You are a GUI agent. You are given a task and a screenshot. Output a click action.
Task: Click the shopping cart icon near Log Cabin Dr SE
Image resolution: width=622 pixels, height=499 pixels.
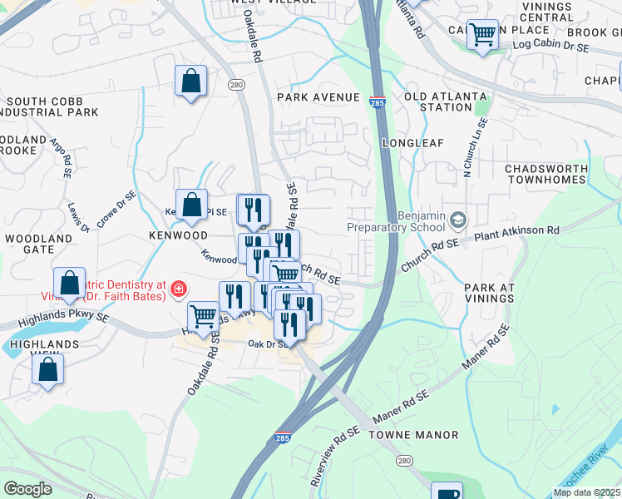point(481,35)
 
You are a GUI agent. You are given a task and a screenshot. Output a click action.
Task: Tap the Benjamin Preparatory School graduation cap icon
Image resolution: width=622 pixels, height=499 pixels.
point(457,220)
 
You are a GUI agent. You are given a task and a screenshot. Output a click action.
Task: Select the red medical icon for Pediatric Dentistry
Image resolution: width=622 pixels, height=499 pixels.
point(177,289)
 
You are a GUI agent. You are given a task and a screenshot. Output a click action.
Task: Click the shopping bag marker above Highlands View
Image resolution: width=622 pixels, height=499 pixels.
point(47,368)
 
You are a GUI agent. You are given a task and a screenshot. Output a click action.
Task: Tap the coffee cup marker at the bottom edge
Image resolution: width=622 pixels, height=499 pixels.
point(446,492)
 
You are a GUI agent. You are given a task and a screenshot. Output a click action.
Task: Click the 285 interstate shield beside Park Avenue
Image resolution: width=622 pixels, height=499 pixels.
point(377,99)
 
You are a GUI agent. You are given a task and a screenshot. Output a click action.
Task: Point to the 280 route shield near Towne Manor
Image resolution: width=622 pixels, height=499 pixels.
point(404,461)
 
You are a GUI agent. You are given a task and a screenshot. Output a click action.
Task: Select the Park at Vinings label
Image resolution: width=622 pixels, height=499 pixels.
point(489,293)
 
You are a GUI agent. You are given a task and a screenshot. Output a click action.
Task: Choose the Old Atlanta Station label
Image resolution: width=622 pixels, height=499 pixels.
point(445,102)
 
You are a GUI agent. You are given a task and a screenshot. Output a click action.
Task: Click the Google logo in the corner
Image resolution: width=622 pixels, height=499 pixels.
point(27,488)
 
